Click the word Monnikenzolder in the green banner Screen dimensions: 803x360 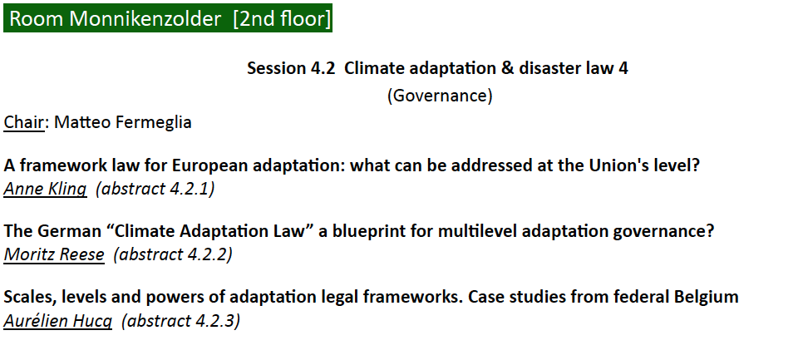(x=145, y=18)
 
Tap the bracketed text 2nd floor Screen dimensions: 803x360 (x=282, y=18)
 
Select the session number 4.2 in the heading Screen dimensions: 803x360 (x=323, y=68)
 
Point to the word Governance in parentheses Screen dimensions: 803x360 (x=440, y=96)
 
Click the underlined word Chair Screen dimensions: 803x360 (x=24, y=122)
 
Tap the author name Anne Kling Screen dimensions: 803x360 (x=45, y=189)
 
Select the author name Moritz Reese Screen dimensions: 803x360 (x=54, y=254)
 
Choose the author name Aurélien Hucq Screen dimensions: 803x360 (x=57, y=321)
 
